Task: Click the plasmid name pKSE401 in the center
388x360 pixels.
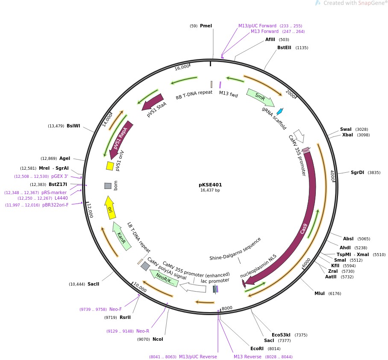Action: pos(210,185)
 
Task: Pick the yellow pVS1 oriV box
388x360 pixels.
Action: pos(110,165)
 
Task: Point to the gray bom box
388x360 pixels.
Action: pos(108,186)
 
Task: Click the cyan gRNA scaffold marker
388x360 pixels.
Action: pos(279,112)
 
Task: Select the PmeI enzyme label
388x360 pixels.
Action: pos(206,26)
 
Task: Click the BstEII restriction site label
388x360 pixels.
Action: pos(284,47)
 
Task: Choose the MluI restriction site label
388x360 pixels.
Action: pos(320,293)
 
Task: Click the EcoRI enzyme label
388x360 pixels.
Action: pos(257,348)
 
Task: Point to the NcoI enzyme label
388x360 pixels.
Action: pos(158,339)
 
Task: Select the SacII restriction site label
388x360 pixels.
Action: pos(94,284)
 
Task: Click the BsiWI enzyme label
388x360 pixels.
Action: pos(73,126)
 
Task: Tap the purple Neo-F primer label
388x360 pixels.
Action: pos(115,309)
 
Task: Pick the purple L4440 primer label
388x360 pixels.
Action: pos(61,198)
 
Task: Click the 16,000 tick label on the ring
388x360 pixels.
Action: pos(182,67)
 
